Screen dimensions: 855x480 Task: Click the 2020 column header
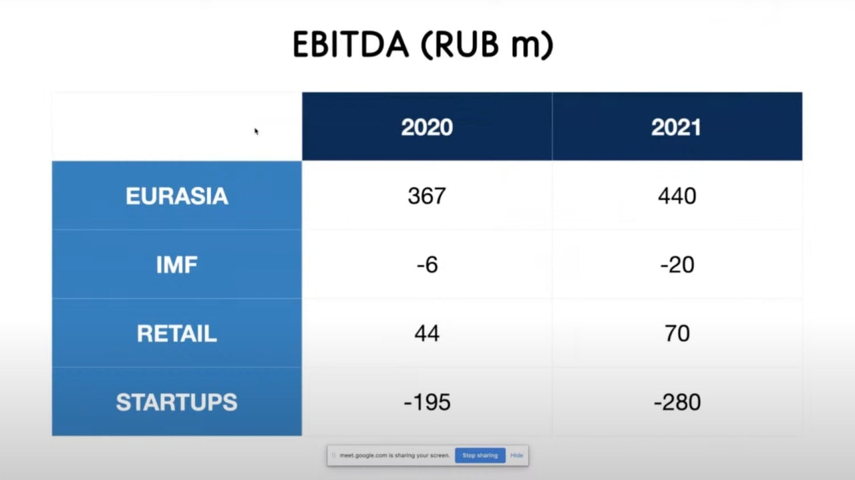point(427,127)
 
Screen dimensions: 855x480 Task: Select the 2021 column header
point(677,127)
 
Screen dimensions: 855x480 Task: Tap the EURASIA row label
point(177,196)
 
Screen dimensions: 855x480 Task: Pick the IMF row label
point(177,264)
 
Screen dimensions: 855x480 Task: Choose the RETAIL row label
point(177,334)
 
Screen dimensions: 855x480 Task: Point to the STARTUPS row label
point(177,402)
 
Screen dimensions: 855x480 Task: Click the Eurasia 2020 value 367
point(427,196)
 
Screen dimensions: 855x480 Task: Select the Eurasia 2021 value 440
point(677,196)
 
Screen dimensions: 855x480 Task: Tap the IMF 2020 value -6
point(427,265)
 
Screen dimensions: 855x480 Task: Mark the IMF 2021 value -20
point(677,265)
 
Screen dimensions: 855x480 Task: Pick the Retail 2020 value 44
point(427,334)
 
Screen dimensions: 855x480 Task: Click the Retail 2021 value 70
point(677,334)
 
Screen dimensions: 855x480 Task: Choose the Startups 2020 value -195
point(427,402)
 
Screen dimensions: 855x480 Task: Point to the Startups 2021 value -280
point(677,402)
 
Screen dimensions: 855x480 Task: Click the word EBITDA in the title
point(351,45)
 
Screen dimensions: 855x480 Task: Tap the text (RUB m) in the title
point(487,45)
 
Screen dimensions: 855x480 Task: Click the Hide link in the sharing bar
point(516,455)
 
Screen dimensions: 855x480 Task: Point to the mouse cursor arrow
point(256,132)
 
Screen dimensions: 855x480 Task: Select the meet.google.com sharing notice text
point(395,455)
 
